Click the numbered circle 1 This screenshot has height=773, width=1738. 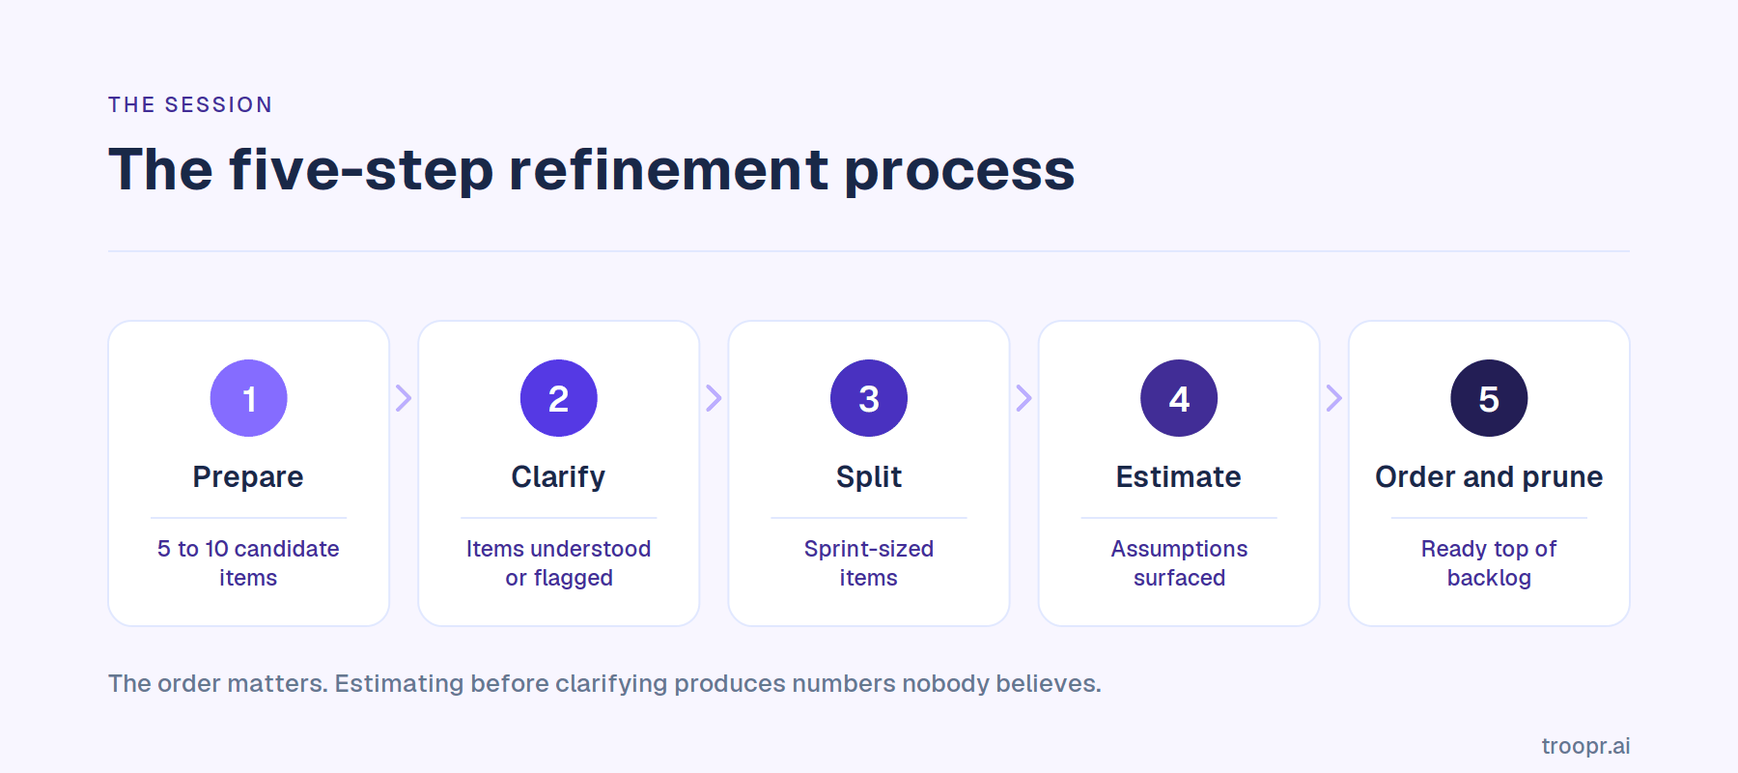tap(249, 398)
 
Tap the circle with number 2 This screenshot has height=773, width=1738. tap(559, 398)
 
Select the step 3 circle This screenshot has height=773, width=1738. tap(869, 398)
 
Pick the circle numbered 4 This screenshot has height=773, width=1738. tap(1179, 398)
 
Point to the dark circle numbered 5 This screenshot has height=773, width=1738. tap(1489, 398)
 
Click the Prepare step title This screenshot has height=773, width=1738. tap(248, 477)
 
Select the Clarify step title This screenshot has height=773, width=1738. tap(558, 477)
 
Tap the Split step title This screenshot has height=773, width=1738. tap(869, 477)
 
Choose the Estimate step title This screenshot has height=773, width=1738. tap(1179, 477)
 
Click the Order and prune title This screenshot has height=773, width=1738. tap(1489, 477)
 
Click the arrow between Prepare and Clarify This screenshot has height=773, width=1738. tap(404, 398)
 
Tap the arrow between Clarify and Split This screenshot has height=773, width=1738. tap(714, 398)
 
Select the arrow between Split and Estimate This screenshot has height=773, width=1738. tap(1023, 398)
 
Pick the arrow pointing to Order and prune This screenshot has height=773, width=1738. tap(1333, 398)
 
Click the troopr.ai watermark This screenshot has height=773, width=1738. tap(1585, 746)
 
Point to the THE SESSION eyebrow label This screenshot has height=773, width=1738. tap(190, 104)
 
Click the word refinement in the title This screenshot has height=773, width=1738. tap(668, 170)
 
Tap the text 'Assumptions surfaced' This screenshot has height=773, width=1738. tap(1179, 563)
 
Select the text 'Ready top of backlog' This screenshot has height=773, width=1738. tap(1489, 563)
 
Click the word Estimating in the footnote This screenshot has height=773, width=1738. tap(400, 684)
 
